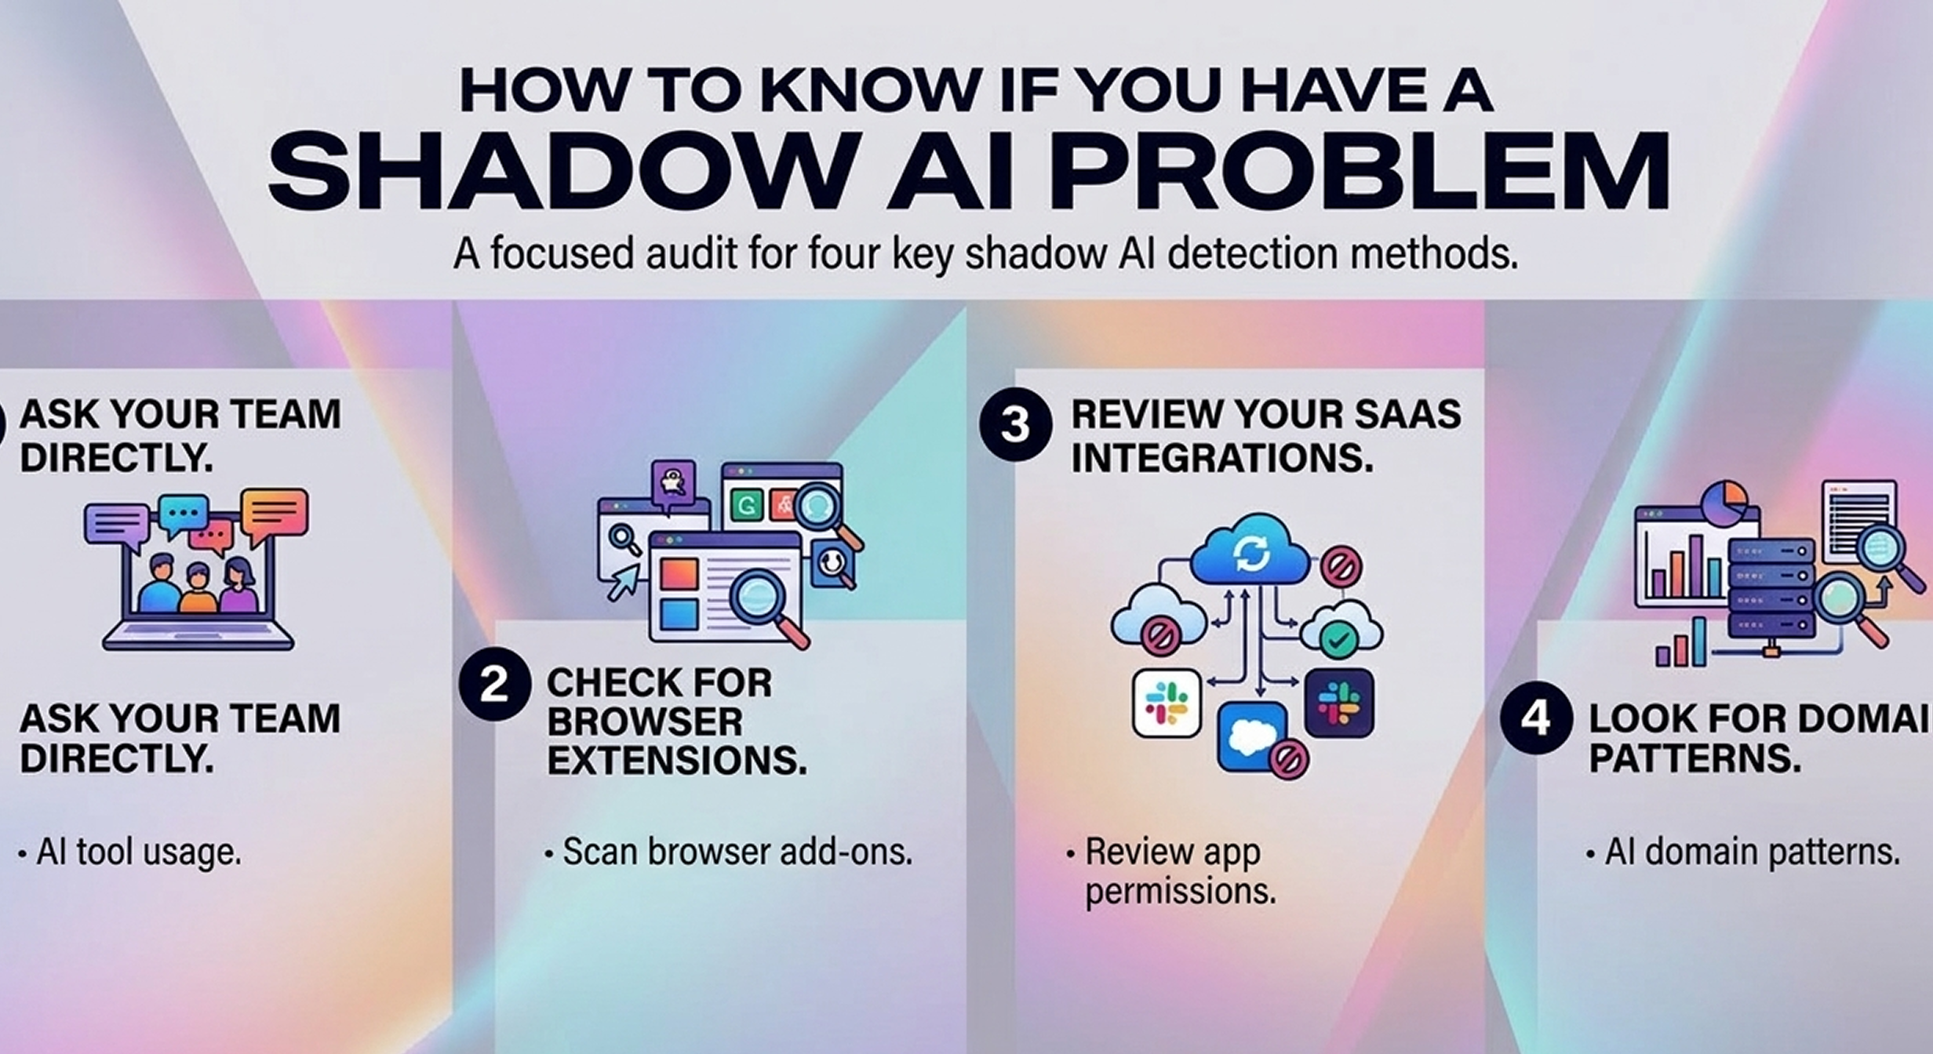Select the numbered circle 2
pos(494,685)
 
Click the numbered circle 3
pos(1015,424)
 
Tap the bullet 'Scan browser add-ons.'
pos(729,852)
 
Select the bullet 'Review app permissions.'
pos(1170,871)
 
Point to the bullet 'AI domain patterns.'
pos(1743,852)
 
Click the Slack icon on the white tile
pos(1167,703)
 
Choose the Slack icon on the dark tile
pos(1339,703)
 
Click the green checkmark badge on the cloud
pos(1339,640)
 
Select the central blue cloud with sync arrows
pos(1250,550)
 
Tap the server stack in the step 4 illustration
pos(1772,588)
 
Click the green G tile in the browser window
pos(746,504)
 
